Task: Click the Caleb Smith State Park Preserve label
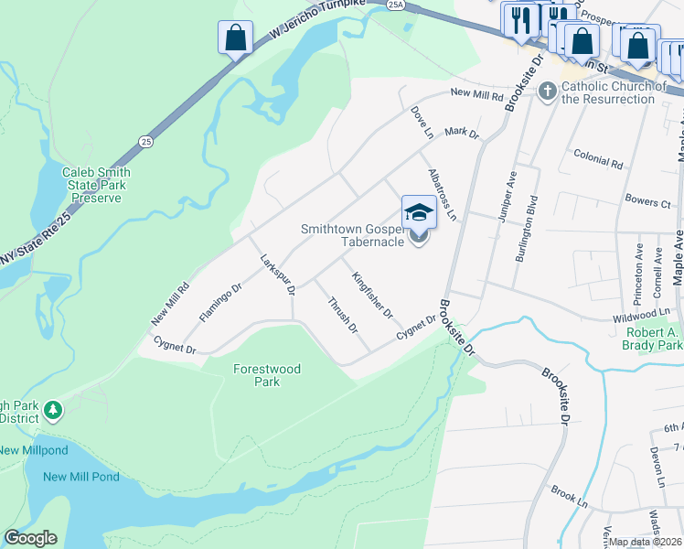[x=96, y=185]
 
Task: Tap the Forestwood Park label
[x=267, y=375]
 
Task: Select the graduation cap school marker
[x=419, y=212]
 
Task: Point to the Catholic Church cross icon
[x=547, y=90]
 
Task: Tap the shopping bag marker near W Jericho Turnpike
[x=235, y=38]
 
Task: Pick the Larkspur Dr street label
[x=277, y=274]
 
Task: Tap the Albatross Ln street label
[x=443, y=194]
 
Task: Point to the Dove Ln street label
[x=422, y=123]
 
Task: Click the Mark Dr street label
[x=461, y=134]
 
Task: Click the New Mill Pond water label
[x=80, y=477]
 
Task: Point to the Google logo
[x=30, y=538]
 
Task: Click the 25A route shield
[x=394, y=5]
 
